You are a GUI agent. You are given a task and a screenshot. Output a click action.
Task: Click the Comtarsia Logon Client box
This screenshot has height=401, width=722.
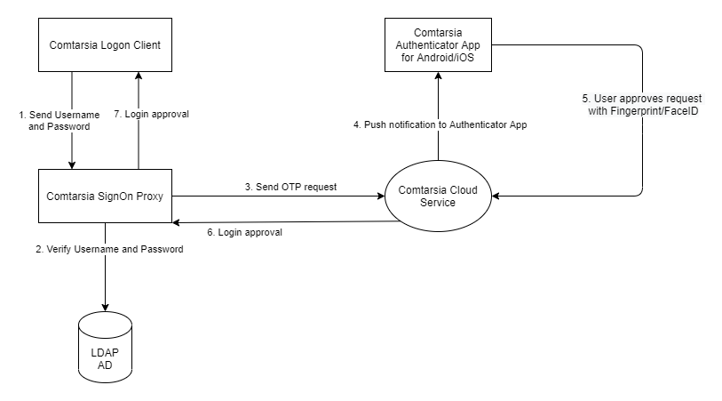point(105,44)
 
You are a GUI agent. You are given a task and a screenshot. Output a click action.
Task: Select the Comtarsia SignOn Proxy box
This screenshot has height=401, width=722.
point(105,195)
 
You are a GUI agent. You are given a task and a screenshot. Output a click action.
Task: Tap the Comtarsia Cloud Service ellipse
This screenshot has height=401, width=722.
point(438,195)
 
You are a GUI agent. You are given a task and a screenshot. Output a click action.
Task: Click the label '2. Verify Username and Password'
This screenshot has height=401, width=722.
point(109,249)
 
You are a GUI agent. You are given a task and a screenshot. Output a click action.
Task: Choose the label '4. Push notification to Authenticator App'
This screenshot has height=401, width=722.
point(440,124)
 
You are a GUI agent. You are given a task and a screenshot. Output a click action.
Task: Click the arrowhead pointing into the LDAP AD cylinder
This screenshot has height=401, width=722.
point(105,308)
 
